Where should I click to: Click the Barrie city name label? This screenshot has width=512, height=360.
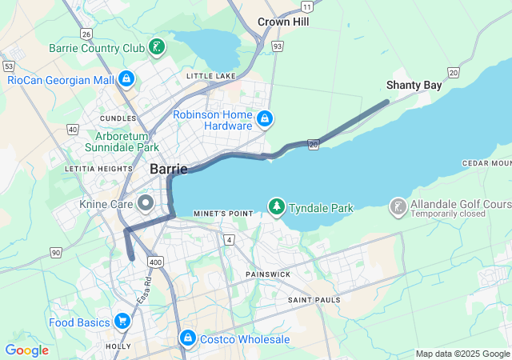pyautogui.click(x=168, y=169)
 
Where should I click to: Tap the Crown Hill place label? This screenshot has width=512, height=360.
pyautogui.click(x=283, y=22)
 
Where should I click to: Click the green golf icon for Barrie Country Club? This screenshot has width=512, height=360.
pyautogui.click(x=158, y=47)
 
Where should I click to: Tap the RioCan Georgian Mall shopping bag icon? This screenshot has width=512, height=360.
pyautogui.click(x=126, y=79)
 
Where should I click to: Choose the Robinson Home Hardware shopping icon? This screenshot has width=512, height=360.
pyautogui.click(x=266, y=120)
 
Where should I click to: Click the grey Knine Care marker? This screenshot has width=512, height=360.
pyautogui.click(x=146, y=204)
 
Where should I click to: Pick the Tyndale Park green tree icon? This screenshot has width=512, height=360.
pyautogui.click(x=277, y=207)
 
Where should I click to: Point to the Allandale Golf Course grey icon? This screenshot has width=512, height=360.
pyautogui.click(x=398, y=208)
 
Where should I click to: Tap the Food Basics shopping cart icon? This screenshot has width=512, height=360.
pyautogui.click(x=122, y=322)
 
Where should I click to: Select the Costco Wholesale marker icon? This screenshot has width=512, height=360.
pyautogui.click(x=187, y=339)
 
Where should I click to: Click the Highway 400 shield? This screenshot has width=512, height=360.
pyautogui.click(x=155, y=262)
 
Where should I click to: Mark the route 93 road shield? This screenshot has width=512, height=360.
pyautogui.click(x=277, y=46)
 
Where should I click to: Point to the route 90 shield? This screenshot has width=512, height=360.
pyautogui.click(x=55, y=253)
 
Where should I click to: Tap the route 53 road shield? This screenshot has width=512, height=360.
pyautogui.click(x=9, y=66)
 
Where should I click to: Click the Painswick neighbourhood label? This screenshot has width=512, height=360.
pyautogui.click(x=268, y=274)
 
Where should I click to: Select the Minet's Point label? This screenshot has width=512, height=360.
pyautogui.click(x=223, y=214)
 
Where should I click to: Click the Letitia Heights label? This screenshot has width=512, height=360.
pyautogui.click(x=98, y=169)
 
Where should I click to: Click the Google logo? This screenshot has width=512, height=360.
pyautogui.click(x=26, y=350)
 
